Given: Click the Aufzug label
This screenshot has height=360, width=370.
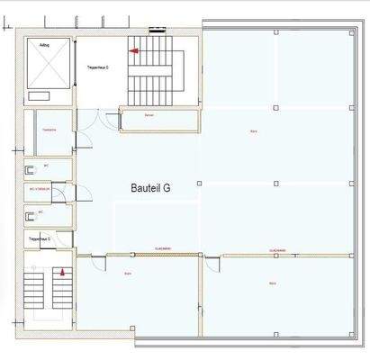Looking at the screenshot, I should tap(45, 43).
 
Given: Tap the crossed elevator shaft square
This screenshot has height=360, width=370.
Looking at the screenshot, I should tap(50, 67).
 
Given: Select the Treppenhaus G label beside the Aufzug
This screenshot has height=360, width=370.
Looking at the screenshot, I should tap(98, 68).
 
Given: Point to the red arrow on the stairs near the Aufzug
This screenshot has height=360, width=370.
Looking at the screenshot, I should tap(134, 52).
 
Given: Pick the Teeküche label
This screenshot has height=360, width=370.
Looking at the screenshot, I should tap(49, 130).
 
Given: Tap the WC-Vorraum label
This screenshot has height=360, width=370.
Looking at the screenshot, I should tap(40, 190).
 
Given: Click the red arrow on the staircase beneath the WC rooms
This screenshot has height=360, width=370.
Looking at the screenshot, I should tap(62, 270).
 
